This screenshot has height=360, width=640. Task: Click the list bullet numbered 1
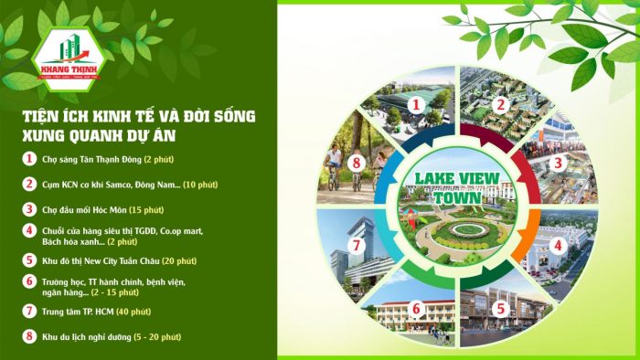[x=29, y=158]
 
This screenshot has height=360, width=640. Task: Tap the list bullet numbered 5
[x=29, y=259]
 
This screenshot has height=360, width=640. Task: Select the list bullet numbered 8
[x=29, y=336]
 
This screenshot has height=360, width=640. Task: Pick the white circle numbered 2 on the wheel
[x=500, y=105]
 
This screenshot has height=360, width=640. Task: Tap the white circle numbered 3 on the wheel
[x=555, y=164]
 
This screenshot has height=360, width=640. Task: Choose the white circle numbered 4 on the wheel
[x=555, y=245]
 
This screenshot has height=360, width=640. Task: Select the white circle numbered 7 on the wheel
[x=357, y=246]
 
